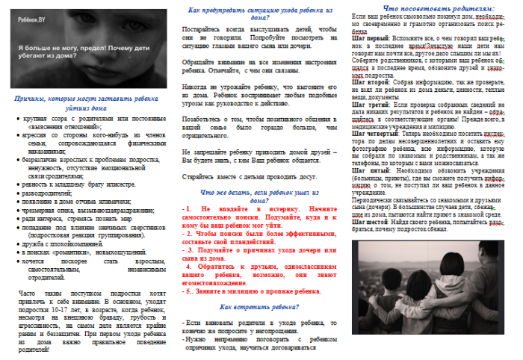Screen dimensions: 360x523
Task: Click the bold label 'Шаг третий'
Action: [367, 106]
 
